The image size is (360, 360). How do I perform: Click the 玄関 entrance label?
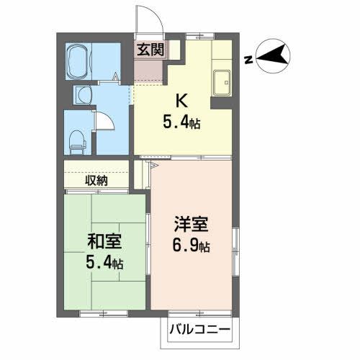tap(151, 50)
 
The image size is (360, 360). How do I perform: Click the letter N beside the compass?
tap(247, 60)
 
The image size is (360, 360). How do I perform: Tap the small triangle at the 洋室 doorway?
tap(153, 165)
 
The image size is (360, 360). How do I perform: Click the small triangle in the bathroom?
tap(117, 75)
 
